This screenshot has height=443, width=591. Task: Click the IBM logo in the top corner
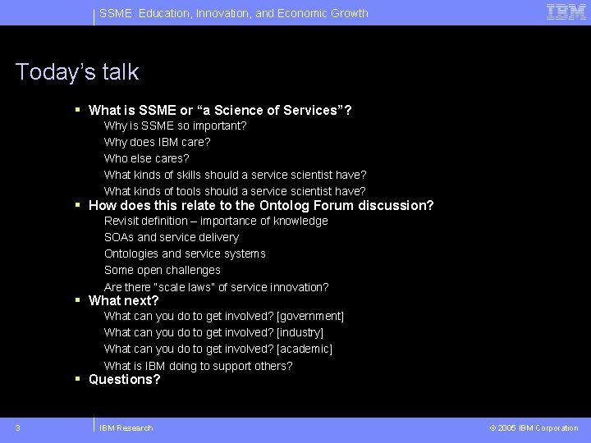pos(566,11)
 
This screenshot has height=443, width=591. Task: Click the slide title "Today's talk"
pos(77,72)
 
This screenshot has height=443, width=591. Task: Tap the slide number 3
pos(17,427)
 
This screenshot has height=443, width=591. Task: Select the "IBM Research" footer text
pos(126,428)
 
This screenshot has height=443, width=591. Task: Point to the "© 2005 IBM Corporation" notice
pos(534,428)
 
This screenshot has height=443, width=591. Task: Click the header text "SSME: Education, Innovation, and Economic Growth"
pos(233,13)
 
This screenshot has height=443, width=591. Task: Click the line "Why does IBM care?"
pos(157,142)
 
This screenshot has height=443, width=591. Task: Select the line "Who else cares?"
pos(146,158)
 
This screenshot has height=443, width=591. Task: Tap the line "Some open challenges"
pos(162,270)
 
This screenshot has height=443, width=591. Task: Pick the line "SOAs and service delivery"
pos(171,237)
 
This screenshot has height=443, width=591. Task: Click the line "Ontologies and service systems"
pos(185,253)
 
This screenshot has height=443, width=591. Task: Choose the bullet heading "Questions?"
pos(124,379)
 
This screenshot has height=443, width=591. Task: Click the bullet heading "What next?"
pos(123,300)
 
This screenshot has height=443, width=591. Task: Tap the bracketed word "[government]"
pos(310,316)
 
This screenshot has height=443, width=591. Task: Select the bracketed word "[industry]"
pos(300,332)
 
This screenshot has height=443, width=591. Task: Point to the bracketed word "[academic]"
pos(305,349)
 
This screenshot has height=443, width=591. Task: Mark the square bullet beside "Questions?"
pos(77,379)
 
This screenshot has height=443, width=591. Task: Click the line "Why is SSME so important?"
pos(175,126)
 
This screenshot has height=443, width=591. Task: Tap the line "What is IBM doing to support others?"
pos(198,366)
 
